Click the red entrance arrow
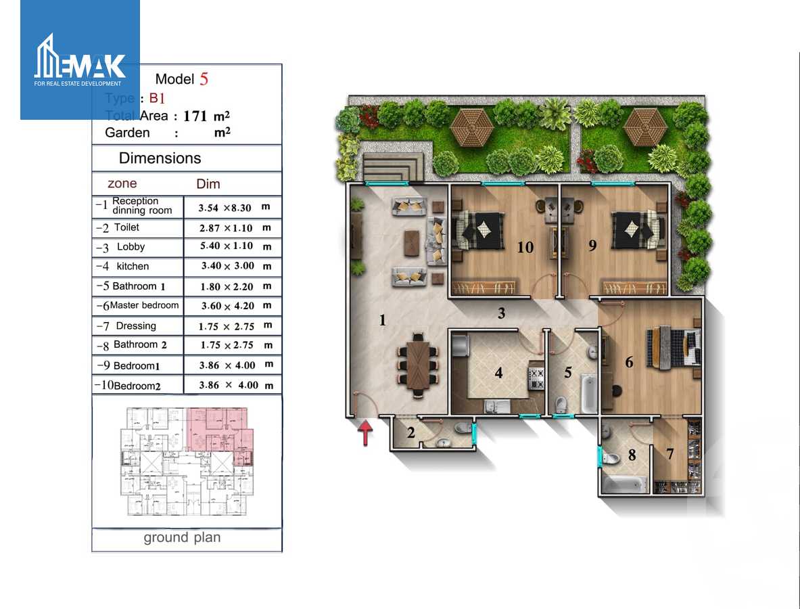[x=365, y=432]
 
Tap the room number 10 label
[x=525, y=247]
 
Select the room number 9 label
[x=592, y=245]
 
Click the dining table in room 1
[x=418, y=363]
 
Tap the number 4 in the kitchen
[x=498, y=373]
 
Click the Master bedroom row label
[x=144, y=305]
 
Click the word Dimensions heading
[x=160, y=158]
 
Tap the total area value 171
[x=195, y=116]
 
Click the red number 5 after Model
[x=204, y=79]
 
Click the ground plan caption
[x=182, y=538]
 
